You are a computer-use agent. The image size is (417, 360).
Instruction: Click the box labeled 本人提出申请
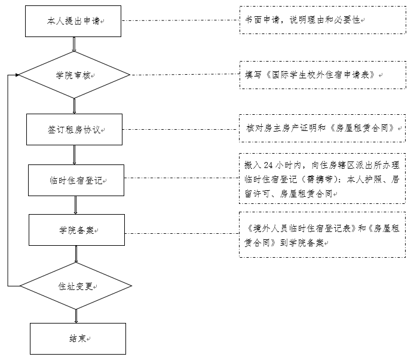coord(73,22)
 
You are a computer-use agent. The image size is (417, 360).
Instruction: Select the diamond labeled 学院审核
coord(74,75)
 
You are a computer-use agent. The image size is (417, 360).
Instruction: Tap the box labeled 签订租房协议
coord(75,129)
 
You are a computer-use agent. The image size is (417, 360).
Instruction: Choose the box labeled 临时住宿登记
coord(76,180)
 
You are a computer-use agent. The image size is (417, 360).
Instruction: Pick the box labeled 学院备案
coord(76,230)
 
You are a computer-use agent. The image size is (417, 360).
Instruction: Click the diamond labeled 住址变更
coord(76,286)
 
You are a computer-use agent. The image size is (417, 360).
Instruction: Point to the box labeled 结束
coord(78,338)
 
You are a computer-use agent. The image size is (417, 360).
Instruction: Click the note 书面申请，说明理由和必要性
coord(323,20)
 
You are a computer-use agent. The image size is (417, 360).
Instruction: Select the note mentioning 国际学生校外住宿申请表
coord(323,75)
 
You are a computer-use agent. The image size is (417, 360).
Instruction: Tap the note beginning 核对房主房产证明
coord(323,129)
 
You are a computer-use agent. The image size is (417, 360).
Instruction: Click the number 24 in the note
coord(268,165)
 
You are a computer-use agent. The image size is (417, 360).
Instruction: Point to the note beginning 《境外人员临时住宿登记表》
coord(323,234)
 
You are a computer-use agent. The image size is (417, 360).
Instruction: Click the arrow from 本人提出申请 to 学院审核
coord(74,44)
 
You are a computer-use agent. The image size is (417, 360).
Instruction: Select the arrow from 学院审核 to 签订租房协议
coord(74,106)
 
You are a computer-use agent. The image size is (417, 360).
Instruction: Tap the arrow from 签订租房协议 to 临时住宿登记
coord(74,155)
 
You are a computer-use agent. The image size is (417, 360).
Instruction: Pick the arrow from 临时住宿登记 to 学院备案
coord(75,205)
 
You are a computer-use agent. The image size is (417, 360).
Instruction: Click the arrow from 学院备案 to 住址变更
coord(76,254)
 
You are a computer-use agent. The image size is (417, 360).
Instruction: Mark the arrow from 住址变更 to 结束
coord(76,316)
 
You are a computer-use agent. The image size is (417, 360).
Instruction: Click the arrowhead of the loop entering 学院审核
coord(17,75)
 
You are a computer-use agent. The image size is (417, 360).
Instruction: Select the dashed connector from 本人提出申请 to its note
coord(180,20)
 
